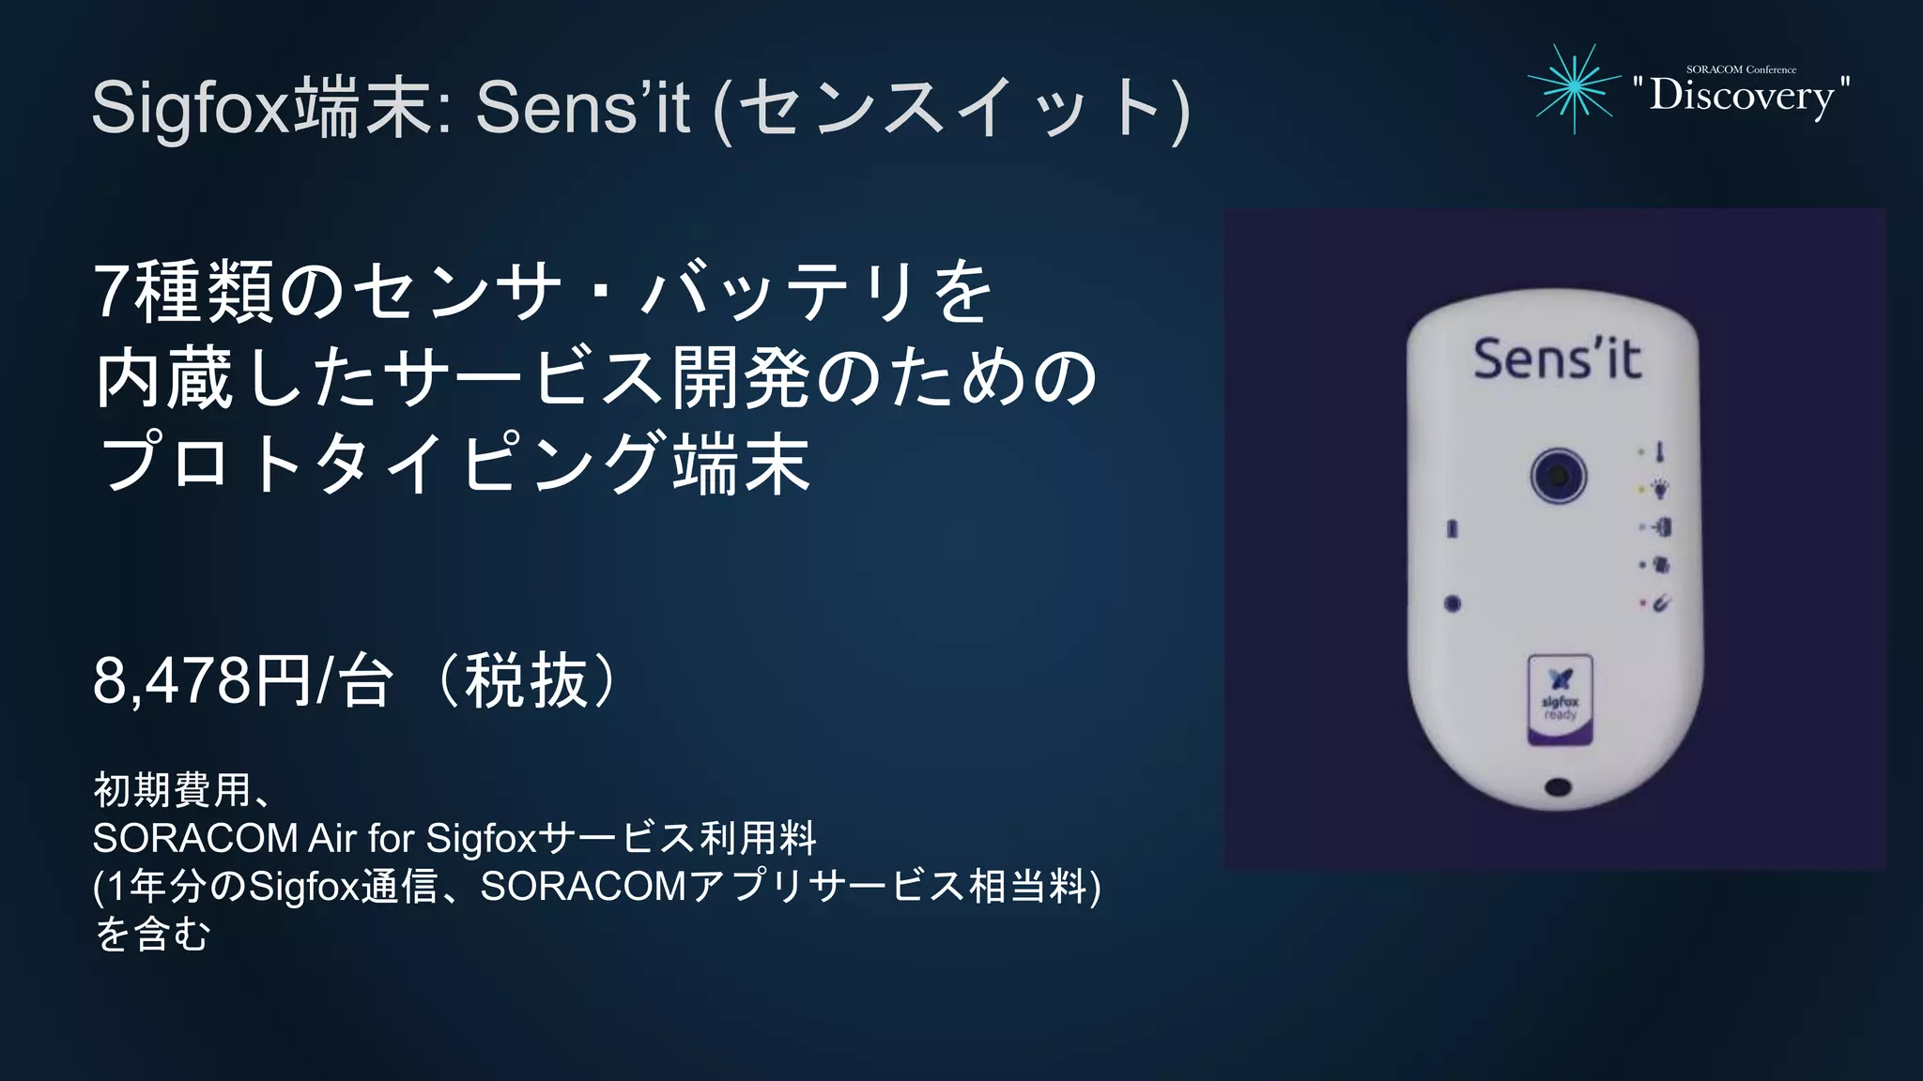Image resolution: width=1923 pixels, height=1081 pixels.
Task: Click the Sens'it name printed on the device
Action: (x=1557, y=358)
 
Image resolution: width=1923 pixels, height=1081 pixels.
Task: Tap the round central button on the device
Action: (x=1558, y=476)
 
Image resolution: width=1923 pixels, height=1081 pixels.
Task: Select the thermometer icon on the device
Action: (x=1660, y=452)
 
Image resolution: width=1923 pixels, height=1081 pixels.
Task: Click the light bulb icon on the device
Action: (x=1660, y=489)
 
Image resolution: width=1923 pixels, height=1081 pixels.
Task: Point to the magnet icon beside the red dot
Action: (x=1660, y=604)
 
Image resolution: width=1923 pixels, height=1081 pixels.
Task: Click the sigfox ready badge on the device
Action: (x=1560, y=700)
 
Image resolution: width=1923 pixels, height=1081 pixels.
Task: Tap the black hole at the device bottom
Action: (x=1557, y=786)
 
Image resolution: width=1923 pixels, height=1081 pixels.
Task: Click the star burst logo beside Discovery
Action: (x=1574, y=88)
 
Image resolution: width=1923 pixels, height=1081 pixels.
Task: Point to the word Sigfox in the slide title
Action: (x=192, y=109)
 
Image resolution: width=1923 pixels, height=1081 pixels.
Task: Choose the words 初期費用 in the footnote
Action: (x=173, y=790)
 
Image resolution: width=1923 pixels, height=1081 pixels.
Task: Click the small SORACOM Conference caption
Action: (x=1741, y=69)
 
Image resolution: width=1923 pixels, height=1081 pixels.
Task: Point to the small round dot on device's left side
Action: (x=1452, y=603)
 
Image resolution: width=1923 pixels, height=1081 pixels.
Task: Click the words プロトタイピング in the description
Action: (x=384, y=462)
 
